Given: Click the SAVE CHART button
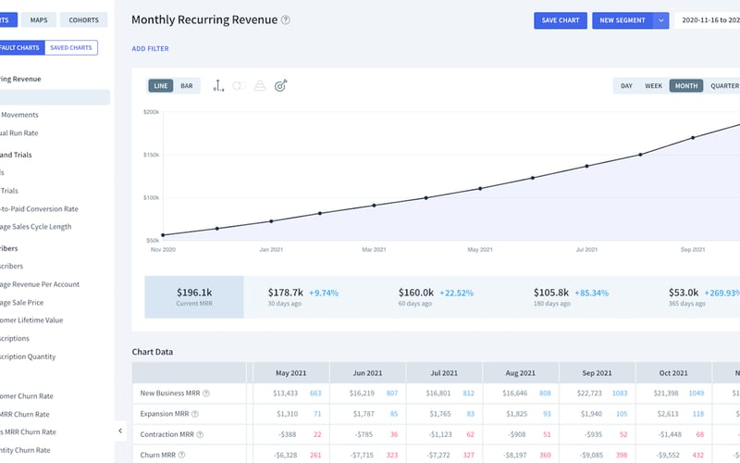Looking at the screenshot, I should click(561, 20).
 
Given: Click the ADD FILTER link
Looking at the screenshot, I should click(150, 49).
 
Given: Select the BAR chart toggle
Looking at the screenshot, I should click(187, 86).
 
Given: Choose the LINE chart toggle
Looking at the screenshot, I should click(161, 86).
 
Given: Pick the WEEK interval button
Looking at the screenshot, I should click(653, 86).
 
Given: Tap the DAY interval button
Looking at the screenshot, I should click(626, 86).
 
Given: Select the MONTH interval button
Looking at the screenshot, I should click(686, 86).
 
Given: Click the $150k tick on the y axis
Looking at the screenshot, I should click(151, 155).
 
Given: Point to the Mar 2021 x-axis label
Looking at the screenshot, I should click(374, 250).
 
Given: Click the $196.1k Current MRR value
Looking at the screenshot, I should click(194, 292).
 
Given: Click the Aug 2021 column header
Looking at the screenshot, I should click(521, 373).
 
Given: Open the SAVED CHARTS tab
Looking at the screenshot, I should click(71, 47).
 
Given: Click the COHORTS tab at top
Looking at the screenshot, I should click(84, 19).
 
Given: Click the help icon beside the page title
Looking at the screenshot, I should click(286, 20).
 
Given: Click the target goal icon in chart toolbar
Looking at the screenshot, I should click(281, 86).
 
